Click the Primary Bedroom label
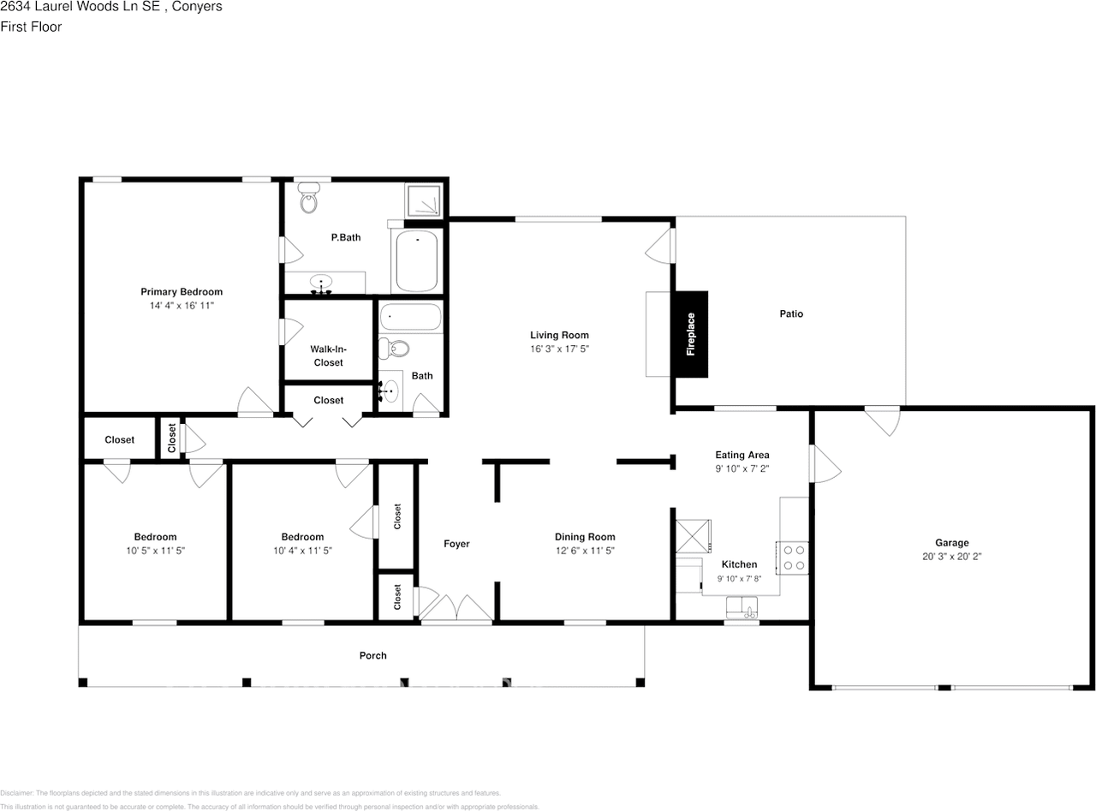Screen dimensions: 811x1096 [182, 291]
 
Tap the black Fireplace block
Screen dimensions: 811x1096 [691, 334]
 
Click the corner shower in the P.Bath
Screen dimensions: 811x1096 [425, 199]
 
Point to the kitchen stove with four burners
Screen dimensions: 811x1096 [794, 558]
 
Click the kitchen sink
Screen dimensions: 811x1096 [742, 609]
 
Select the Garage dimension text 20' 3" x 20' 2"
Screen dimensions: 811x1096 [951, 556]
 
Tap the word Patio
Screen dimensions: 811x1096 [790, 313]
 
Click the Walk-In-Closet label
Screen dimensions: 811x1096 [327, 355]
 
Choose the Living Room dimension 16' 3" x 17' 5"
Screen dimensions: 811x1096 [559, 349]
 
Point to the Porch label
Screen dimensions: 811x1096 [372, 655]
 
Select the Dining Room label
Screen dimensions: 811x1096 [585, 537]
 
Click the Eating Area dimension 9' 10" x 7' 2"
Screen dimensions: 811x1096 [742, 468]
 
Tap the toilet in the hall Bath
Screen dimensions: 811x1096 [396, 349]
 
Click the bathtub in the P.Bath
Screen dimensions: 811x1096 [417, 262]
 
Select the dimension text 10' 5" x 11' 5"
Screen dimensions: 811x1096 [155, 551]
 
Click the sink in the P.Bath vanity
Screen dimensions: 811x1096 [322, 282]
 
